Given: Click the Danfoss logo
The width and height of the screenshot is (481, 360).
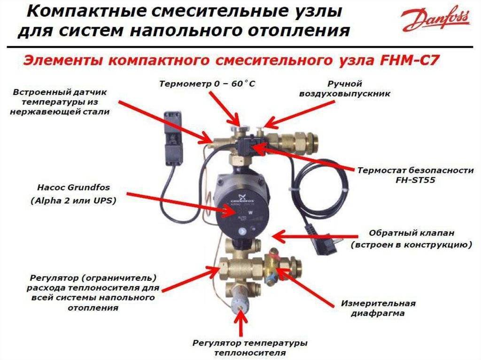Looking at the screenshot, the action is [x=436, y=20].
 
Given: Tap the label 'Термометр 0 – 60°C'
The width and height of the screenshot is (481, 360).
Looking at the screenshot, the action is [x=207, y=84].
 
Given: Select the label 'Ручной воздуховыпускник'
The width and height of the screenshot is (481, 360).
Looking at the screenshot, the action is [x=344, y=89].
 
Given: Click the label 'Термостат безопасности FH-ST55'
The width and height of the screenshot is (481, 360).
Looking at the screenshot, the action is [x=415, y=175].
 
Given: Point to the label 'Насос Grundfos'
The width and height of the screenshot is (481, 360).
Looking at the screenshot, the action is [x=73, y=187].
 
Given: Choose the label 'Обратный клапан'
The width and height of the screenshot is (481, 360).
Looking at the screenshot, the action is [x=411, y=233].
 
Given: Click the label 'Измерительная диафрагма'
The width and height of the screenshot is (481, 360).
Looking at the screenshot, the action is [x=378, y=308].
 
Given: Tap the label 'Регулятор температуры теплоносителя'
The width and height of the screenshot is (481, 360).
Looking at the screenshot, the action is [x=250, y=348].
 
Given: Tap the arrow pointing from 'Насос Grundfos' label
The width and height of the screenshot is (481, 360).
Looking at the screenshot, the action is [x=181, y=203].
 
